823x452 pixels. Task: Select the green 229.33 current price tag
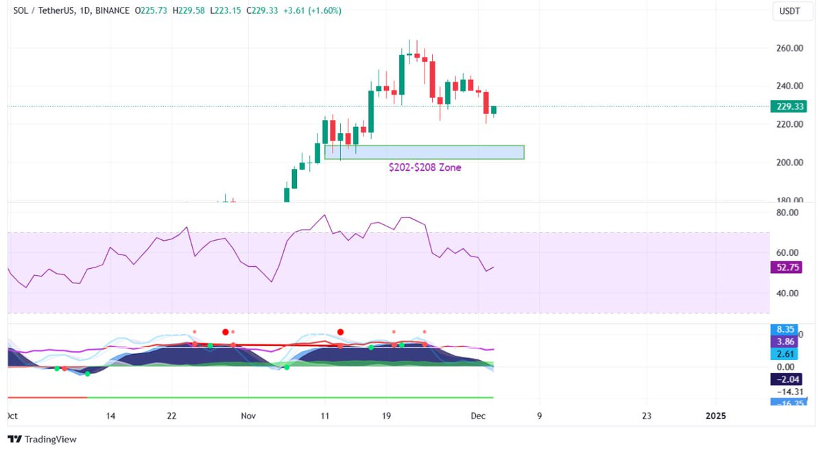click(x=789, y=106)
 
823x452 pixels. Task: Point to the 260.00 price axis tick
click(x=789, y=48)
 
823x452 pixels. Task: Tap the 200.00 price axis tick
click(x=789, y=163)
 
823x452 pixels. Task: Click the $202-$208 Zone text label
click(x=425, y=167)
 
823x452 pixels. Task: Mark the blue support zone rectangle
click(x=424, y=152)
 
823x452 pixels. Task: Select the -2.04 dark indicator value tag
click(x=785, y=379)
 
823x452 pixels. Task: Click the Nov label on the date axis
click(x=248, y=416)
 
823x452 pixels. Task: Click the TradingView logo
click(x=43, y=440)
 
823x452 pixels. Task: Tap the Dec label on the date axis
click(x=478, y=416)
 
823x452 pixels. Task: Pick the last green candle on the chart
click(x=493, y=110)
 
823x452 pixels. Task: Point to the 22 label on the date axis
click(x=172, y=416)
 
